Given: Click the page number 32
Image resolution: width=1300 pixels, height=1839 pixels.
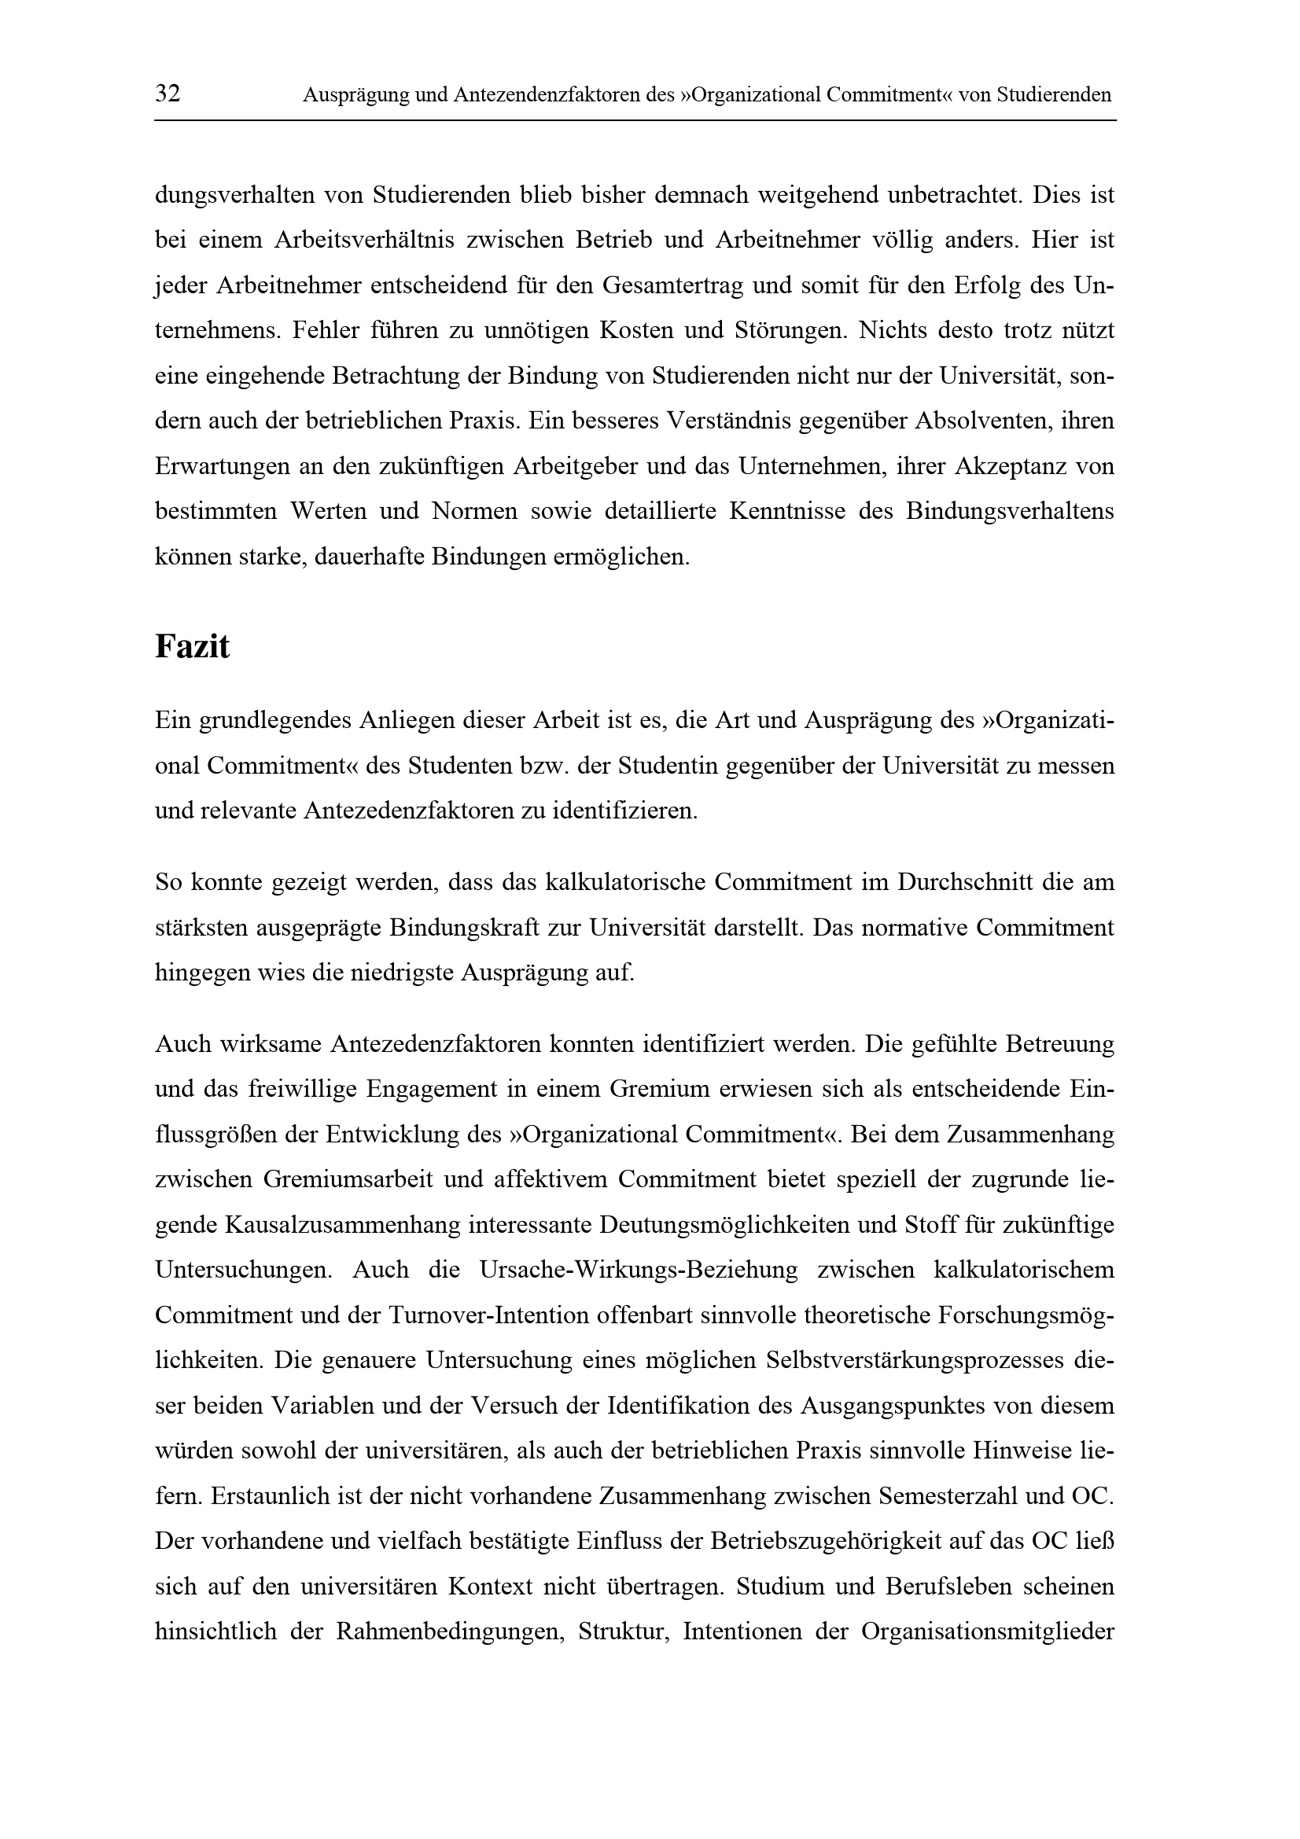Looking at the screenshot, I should [168, 94].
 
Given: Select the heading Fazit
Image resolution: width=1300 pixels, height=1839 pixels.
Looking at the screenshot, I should [191, 647].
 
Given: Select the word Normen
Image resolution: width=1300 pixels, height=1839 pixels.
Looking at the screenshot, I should [475, 511].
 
